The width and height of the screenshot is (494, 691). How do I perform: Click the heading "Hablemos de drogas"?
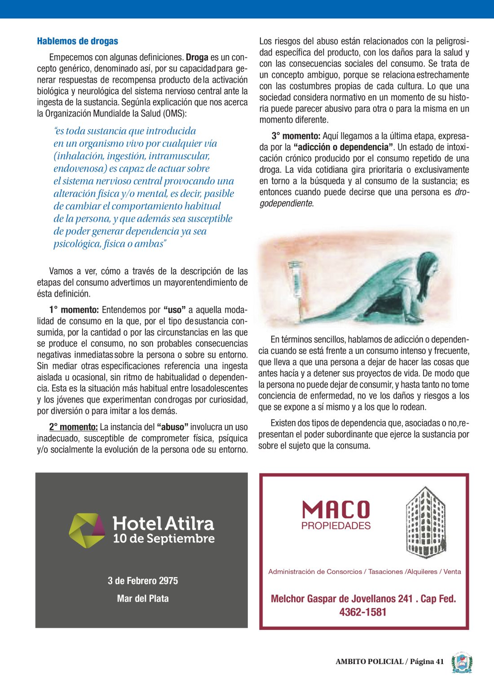tap(77, 41)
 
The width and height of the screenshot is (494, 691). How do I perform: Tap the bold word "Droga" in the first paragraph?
tap(197, 57)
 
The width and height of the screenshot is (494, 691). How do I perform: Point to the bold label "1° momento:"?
tap(74, 310)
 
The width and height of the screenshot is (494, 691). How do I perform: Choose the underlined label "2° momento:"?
tap(73, 427)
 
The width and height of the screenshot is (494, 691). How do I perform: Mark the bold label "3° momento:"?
tap(296, 136)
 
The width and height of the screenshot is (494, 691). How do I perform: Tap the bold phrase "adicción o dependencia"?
tap(344, 147)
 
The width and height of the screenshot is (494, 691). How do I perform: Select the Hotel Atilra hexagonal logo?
tap(87, 530)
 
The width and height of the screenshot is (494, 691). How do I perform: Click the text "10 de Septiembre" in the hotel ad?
tap(164, 538)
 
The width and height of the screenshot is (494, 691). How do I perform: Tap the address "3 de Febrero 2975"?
tap(143, 581)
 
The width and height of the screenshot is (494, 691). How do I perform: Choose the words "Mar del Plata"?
tap(143, 599)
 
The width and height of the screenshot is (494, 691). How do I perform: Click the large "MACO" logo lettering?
tap(336, 510)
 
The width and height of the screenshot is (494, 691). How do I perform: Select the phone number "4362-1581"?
tap(363, 612)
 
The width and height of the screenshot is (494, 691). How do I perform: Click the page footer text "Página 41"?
tap(427, 661)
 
